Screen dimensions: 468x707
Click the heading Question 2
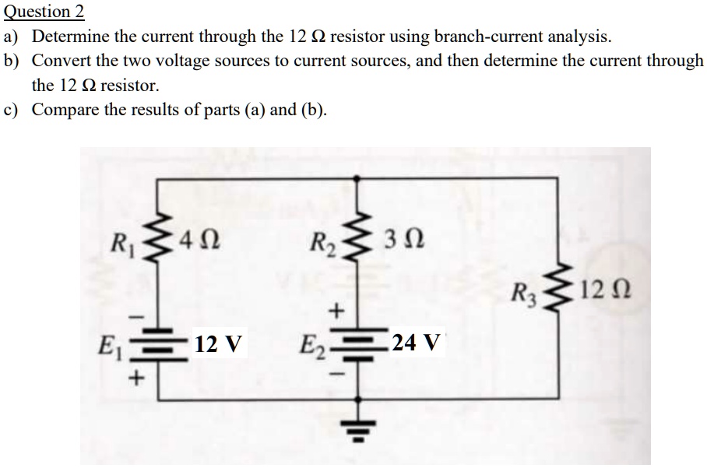[x=44, y=12]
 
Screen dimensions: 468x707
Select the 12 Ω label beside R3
[x=610, y=295]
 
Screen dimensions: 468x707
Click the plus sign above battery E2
[x=336, y=311]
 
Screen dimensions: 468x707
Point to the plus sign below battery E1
[x=139, y=379]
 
